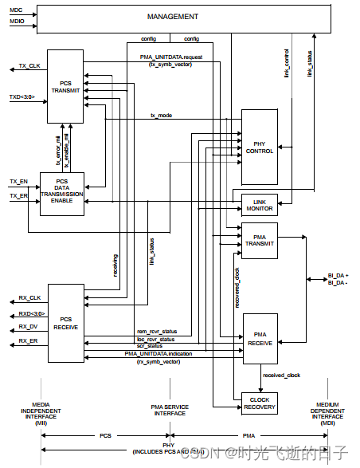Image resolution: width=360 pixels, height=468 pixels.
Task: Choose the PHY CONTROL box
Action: tap(259, 146)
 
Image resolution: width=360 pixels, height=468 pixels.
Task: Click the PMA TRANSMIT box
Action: tap(259, 241)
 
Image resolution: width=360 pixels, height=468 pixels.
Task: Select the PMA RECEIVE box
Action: tap(259, 339)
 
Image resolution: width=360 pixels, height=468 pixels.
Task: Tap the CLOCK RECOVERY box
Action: tap(259, 403)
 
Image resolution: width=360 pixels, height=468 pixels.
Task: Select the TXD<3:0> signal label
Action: tap(23, 97)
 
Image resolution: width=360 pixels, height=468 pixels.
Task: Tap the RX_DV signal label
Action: tap(29, 327)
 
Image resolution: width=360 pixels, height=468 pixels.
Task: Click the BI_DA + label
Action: tap(338, 275)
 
